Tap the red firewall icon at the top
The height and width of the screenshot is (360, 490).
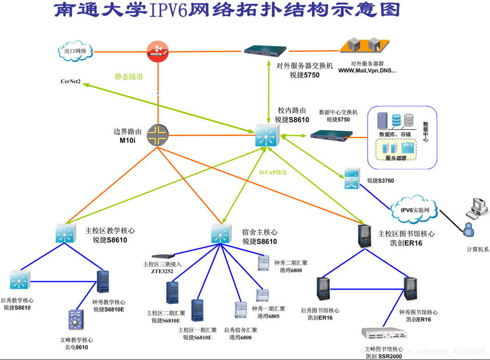(x=158, y=51)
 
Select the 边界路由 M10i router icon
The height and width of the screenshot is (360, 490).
(x=158, y=135)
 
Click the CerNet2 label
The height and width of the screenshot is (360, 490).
(x=71, y=82)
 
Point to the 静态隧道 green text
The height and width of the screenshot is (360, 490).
(x=129, y=77)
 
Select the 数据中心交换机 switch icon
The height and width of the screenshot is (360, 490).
(x=331, y=135)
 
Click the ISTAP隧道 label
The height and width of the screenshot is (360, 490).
(x=273, y=172)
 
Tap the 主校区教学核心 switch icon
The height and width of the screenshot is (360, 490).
(x=66, y=234)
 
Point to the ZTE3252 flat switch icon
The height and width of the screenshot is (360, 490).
(x=164, y=256)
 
